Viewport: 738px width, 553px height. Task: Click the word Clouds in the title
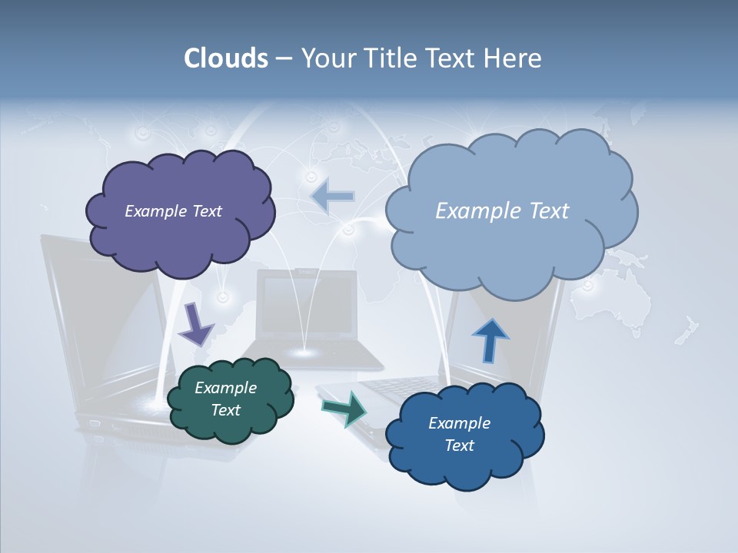[x=225, y=58]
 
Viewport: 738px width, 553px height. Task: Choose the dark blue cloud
[x=465, y=469]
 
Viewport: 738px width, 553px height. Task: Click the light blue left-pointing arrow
[x=333, y=197]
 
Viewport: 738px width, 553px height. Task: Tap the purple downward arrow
[x=195, y=324]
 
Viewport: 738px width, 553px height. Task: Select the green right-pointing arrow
[x=344, y=408]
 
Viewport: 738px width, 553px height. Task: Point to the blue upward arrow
[x=490, y=340]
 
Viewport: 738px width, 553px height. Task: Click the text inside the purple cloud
[x=173, y=211]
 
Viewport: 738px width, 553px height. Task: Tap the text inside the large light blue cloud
[x=502, y=211]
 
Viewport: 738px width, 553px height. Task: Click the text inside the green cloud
[x=225, y=399]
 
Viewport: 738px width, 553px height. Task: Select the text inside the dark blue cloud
[x=459, y=434]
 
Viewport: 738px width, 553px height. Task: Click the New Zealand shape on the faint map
[x=686, y=330]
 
